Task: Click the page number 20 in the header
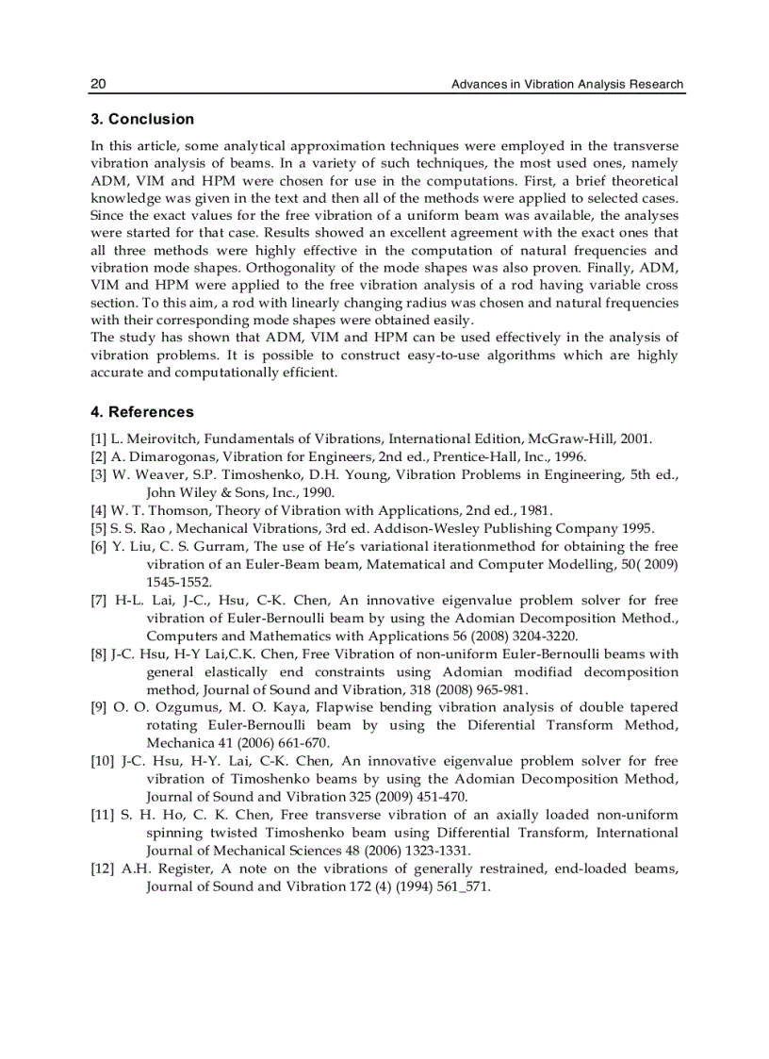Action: click(98, 84)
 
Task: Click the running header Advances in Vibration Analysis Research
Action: click(567, 84)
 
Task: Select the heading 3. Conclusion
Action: click(142, 120)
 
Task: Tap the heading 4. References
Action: click(142, 412)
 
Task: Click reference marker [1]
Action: click(99, 439)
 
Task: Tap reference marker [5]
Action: click(99, 528)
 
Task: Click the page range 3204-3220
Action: click(543, 636)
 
